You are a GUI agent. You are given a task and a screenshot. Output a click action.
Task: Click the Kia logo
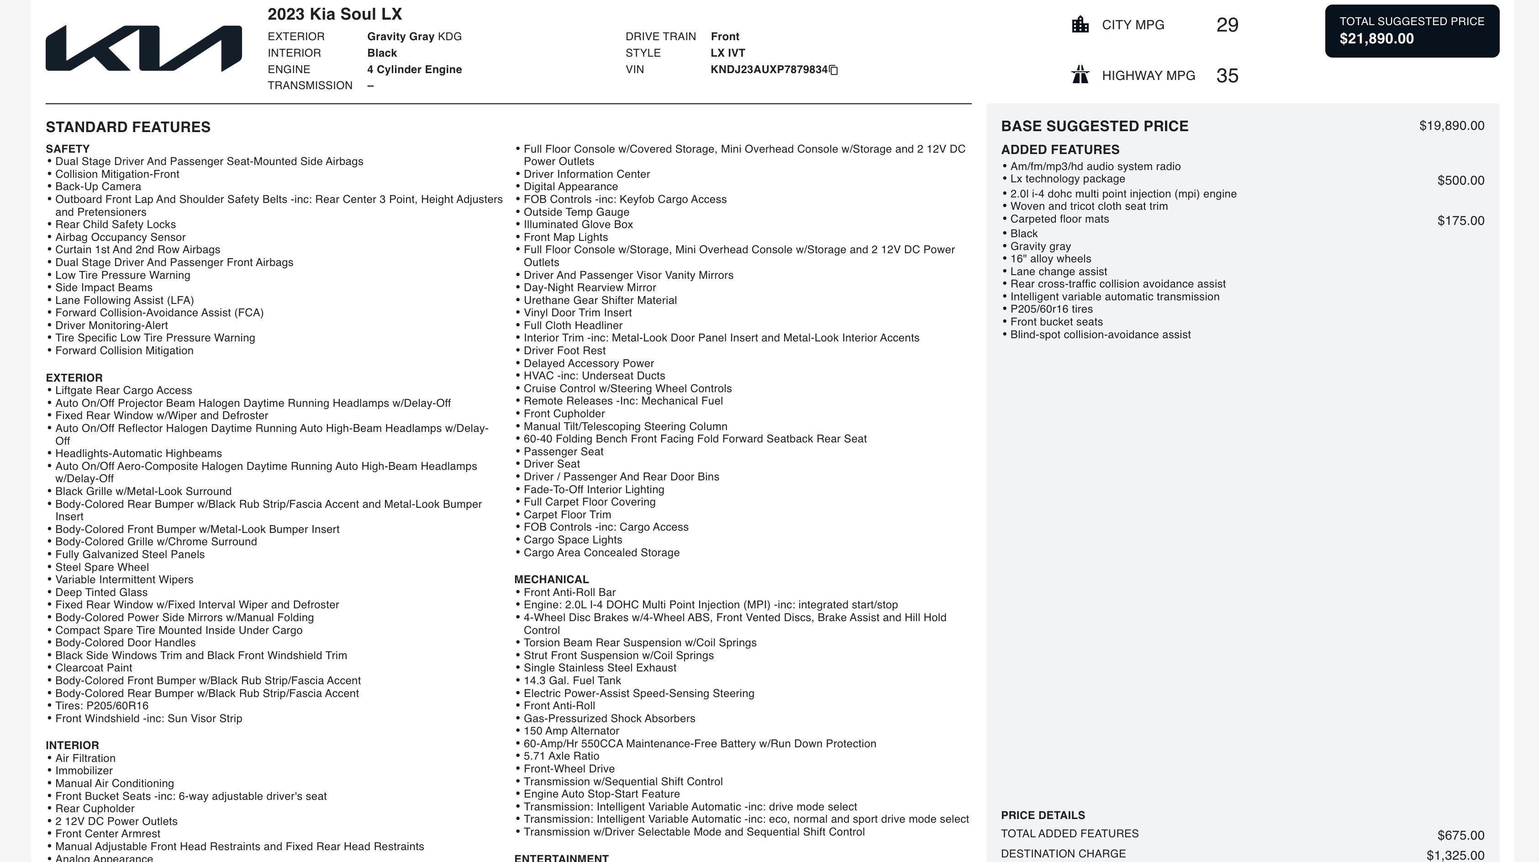click(143, 48)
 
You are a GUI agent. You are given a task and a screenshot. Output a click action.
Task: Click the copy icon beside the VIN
click(833, 70)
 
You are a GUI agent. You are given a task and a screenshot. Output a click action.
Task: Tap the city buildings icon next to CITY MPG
click(1080, 25)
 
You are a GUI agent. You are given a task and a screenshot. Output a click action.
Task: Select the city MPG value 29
click(1227, 25)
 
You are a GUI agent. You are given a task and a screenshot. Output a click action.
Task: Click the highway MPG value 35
click(1227, 76)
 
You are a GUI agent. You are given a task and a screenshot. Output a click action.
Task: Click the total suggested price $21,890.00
click(1376, 39)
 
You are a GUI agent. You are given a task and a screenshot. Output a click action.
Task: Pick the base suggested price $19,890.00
click(1451, 126)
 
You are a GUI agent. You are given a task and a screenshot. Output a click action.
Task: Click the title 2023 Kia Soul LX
click(335, 14)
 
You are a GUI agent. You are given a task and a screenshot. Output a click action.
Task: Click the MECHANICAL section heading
click(551, 579)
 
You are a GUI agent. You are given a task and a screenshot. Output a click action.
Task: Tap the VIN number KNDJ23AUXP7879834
click(768, 69)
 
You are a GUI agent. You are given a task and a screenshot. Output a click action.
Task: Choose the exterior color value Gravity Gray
click(401, 37)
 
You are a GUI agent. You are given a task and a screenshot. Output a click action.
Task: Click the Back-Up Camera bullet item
click(98, 186)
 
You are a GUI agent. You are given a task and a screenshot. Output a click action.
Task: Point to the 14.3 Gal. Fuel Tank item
click(572, 680)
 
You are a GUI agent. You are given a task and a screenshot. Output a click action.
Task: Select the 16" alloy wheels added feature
click(1050, 259)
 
